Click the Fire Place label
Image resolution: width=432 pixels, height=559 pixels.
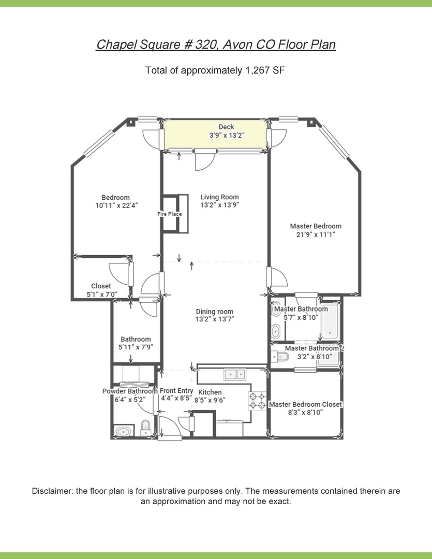170,214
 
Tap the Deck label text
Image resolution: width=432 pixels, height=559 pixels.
226,127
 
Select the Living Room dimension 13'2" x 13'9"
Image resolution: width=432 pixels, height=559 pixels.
219,205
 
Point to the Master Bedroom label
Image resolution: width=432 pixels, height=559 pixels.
316,226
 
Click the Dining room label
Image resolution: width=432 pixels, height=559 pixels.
215,312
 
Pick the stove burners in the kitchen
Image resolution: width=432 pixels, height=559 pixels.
257,401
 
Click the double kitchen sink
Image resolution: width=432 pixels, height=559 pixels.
235,374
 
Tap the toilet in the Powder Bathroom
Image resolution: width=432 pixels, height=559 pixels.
145,428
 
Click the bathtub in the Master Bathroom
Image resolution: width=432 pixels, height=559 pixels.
330,322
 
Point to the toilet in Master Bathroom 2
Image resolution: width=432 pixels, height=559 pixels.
280,356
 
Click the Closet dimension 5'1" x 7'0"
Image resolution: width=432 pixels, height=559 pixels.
102,295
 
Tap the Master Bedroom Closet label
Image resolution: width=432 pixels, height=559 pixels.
305,404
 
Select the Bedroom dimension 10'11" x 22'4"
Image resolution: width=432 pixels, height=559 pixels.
116,205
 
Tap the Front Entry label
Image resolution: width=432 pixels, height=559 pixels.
176,391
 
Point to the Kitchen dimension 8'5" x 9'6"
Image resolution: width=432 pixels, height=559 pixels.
210,400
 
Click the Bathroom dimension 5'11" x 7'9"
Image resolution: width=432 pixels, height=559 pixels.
136,347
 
